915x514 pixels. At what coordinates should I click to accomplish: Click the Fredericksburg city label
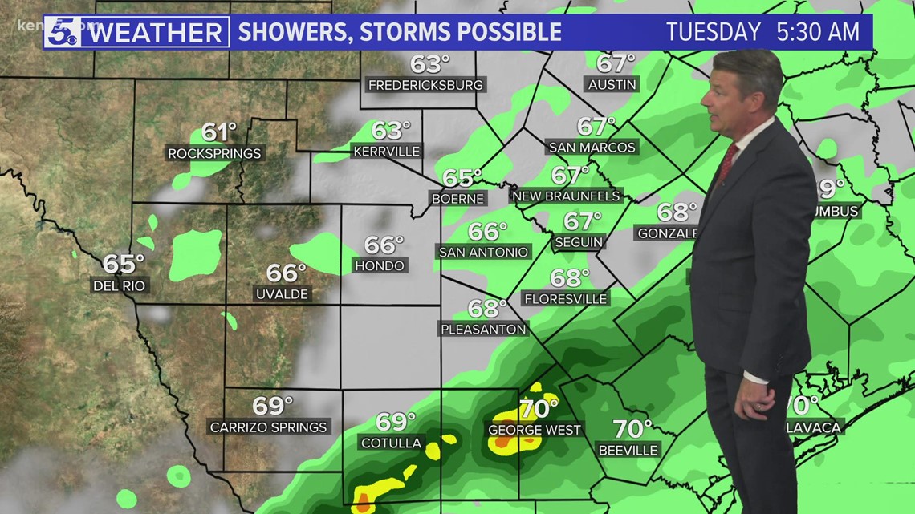[425, 84]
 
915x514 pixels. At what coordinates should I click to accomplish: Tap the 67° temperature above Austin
[616, 63]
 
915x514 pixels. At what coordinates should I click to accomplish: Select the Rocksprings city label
[214, 153]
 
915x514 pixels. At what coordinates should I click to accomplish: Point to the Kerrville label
[387, 150]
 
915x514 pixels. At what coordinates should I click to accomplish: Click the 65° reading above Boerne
[462, 177]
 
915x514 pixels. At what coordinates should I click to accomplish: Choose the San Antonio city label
[484, 252]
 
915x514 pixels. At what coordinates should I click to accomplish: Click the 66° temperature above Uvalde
[287, 273]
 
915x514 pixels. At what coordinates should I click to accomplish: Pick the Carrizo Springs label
[269, 427]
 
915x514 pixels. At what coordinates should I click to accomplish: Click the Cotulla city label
[392, 443]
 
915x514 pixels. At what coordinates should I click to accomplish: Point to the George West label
[535, 430]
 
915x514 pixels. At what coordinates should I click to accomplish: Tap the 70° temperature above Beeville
[632, 429]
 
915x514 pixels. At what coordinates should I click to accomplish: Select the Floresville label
[566, 298]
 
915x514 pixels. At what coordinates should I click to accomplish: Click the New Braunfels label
[567, 196]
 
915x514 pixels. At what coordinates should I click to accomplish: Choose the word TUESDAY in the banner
[714, 32]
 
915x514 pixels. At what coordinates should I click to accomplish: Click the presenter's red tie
[726, 164]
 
